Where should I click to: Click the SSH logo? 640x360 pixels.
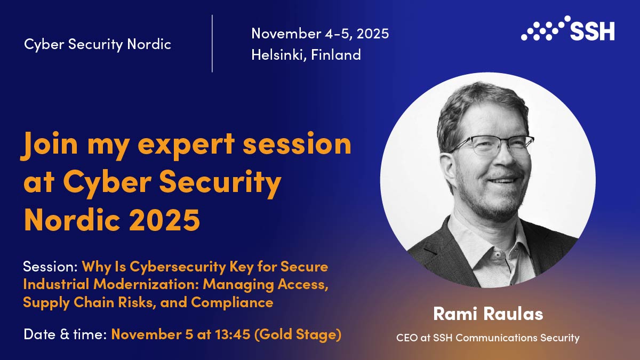click(x=567, y=28)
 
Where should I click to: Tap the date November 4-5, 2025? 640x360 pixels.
click(x=320, y=34)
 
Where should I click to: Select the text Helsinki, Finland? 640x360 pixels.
click(x=306, y=55)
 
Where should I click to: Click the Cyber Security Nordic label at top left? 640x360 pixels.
click(x=98, y=45)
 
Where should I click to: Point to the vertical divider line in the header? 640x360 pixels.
click(x=212, y=43)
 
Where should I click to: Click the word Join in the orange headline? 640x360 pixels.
click(x=49, y=144)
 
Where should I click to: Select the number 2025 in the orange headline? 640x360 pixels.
click(x=164, y=219)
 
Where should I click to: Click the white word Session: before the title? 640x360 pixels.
click(x=50, y=267)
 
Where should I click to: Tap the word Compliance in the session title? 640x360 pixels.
click(x=232, y=303)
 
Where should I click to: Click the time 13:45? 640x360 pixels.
click(x=233, y=334)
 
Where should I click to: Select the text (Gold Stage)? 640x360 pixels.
click(x=298, y=335)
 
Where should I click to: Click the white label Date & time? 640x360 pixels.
click(x=65, y=334)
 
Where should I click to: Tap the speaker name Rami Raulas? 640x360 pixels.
click(x=488, y=314)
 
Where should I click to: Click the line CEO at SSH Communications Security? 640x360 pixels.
click(x=487, y=338)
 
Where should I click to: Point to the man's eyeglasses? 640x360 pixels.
click(x=491, y=146)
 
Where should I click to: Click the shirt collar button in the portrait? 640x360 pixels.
click(x=498, y=254)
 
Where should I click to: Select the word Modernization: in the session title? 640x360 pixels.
click(x=146, y=285)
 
